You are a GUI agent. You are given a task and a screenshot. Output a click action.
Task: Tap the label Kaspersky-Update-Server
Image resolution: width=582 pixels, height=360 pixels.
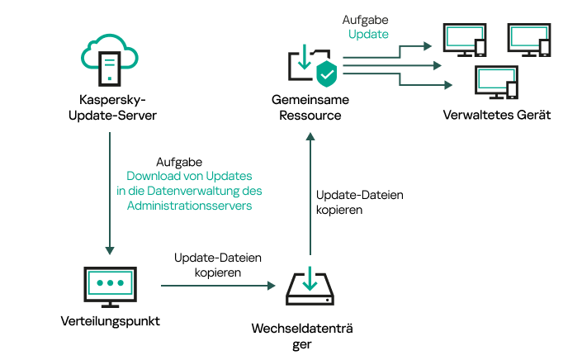111,107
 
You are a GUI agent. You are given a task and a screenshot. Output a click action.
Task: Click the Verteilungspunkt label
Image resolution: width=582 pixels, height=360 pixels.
110,320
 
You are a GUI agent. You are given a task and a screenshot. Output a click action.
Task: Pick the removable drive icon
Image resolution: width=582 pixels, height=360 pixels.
309,286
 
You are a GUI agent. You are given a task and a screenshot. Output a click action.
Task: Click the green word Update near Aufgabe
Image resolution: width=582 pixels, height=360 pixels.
368,34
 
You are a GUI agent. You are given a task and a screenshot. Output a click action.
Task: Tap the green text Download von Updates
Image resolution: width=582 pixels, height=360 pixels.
189,177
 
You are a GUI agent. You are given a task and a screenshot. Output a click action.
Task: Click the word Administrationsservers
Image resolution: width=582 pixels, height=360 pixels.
189,206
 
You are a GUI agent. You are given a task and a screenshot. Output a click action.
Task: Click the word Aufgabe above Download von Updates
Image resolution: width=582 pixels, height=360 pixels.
179,163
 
